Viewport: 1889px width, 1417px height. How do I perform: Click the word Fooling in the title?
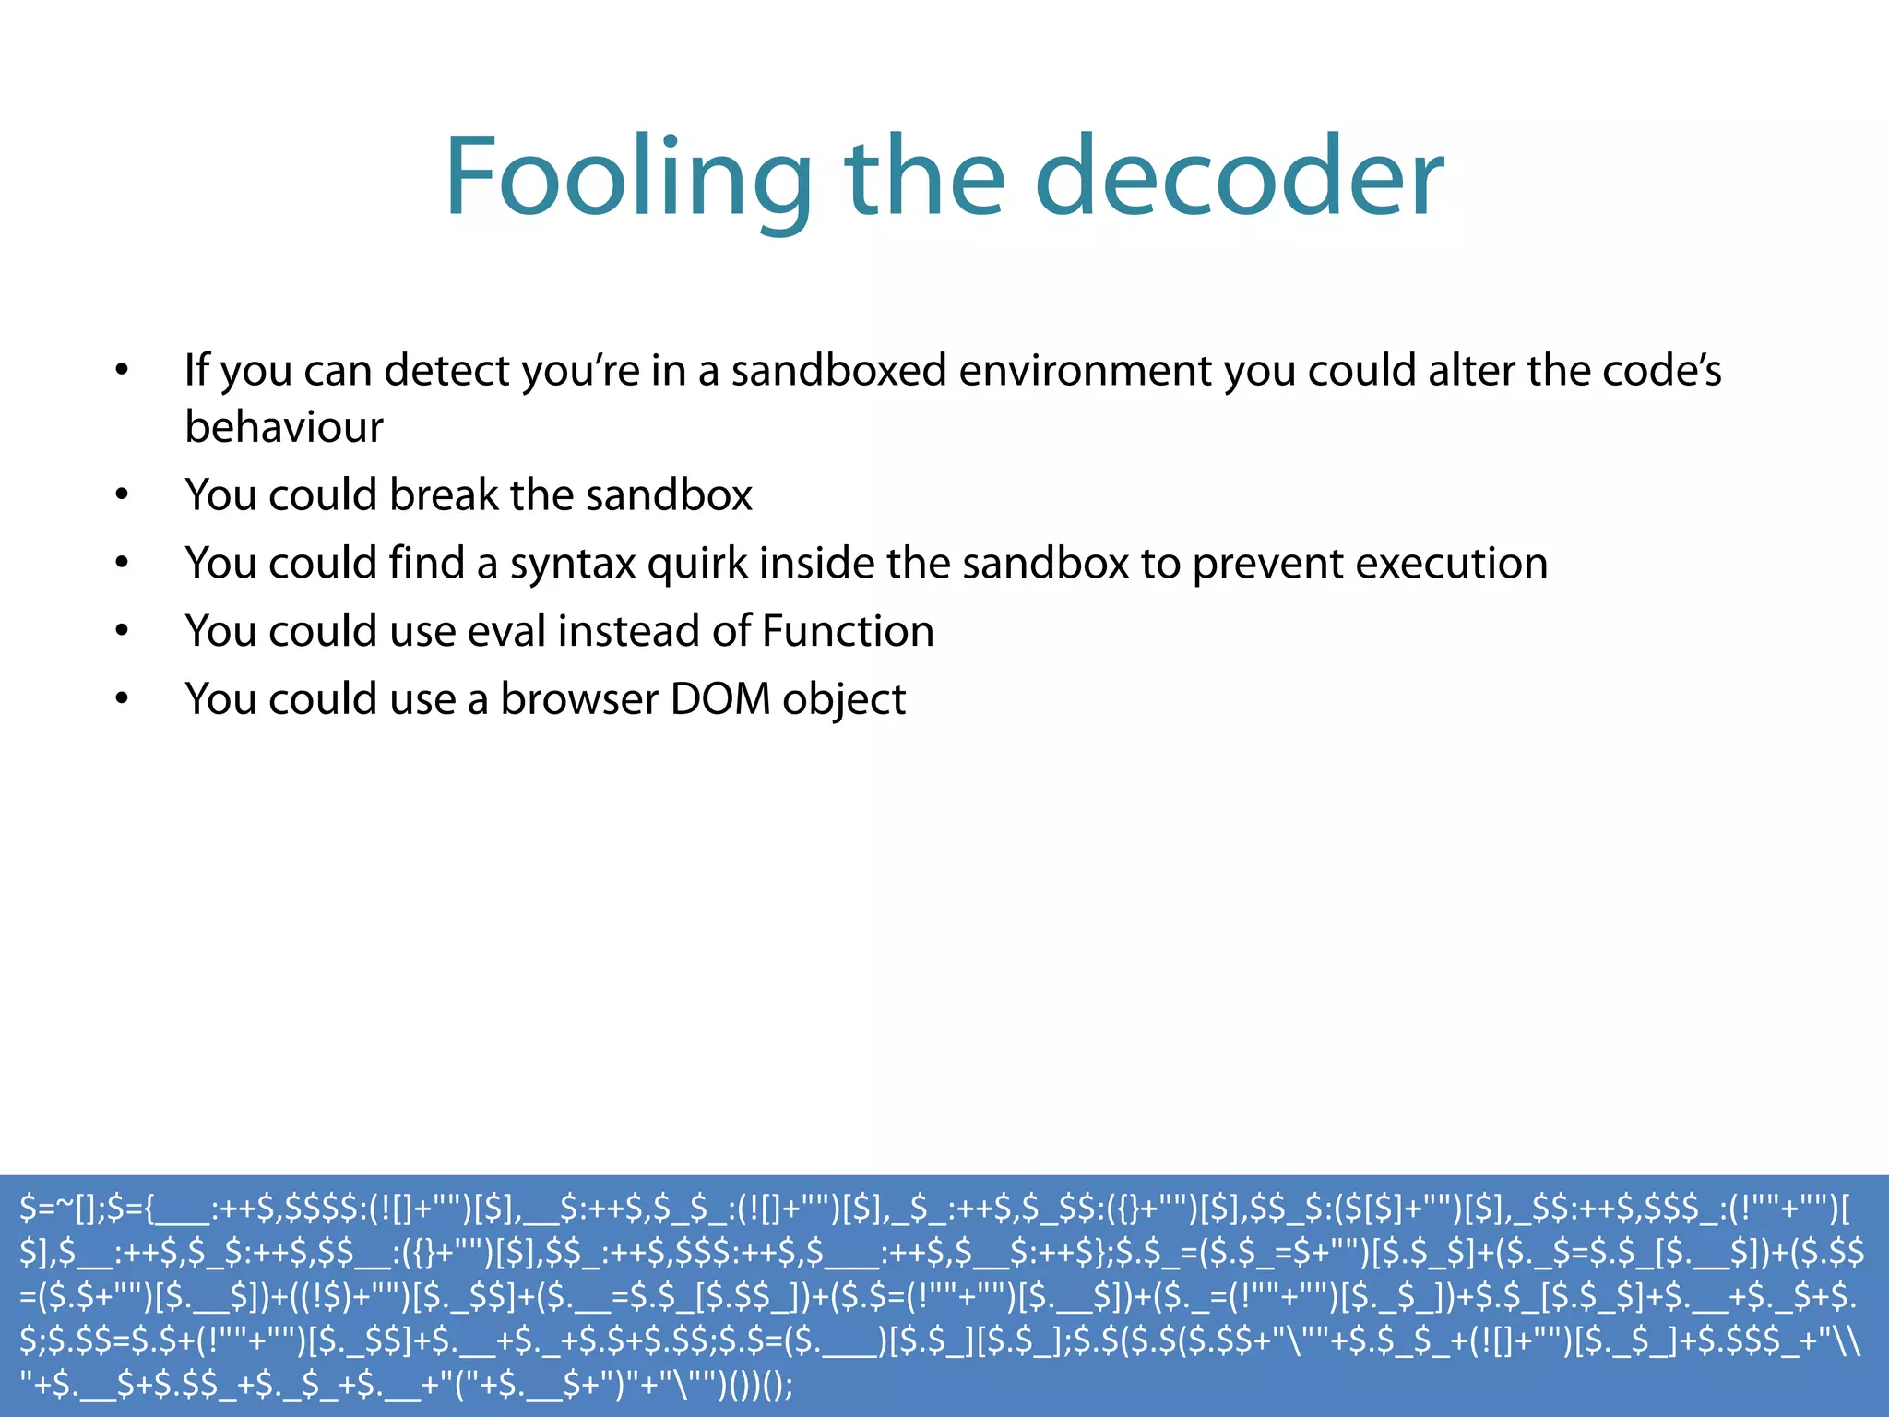click(627, 178)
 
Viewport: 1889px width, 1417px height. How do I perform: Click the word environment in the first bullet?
click(1086, 371)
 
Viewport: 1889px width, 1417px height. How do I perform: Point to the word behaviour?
click(284, 427)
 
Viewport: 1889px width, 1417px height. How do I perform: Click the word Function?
click(848, 632)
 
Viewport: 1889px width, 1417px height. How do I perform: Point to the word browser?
click(579, 699)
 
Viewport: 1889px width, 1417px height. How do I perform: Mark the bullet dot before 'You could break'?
click(122, 495)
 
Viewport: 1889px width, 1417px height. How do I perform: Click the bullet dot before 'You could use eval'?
click(122, 632)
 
